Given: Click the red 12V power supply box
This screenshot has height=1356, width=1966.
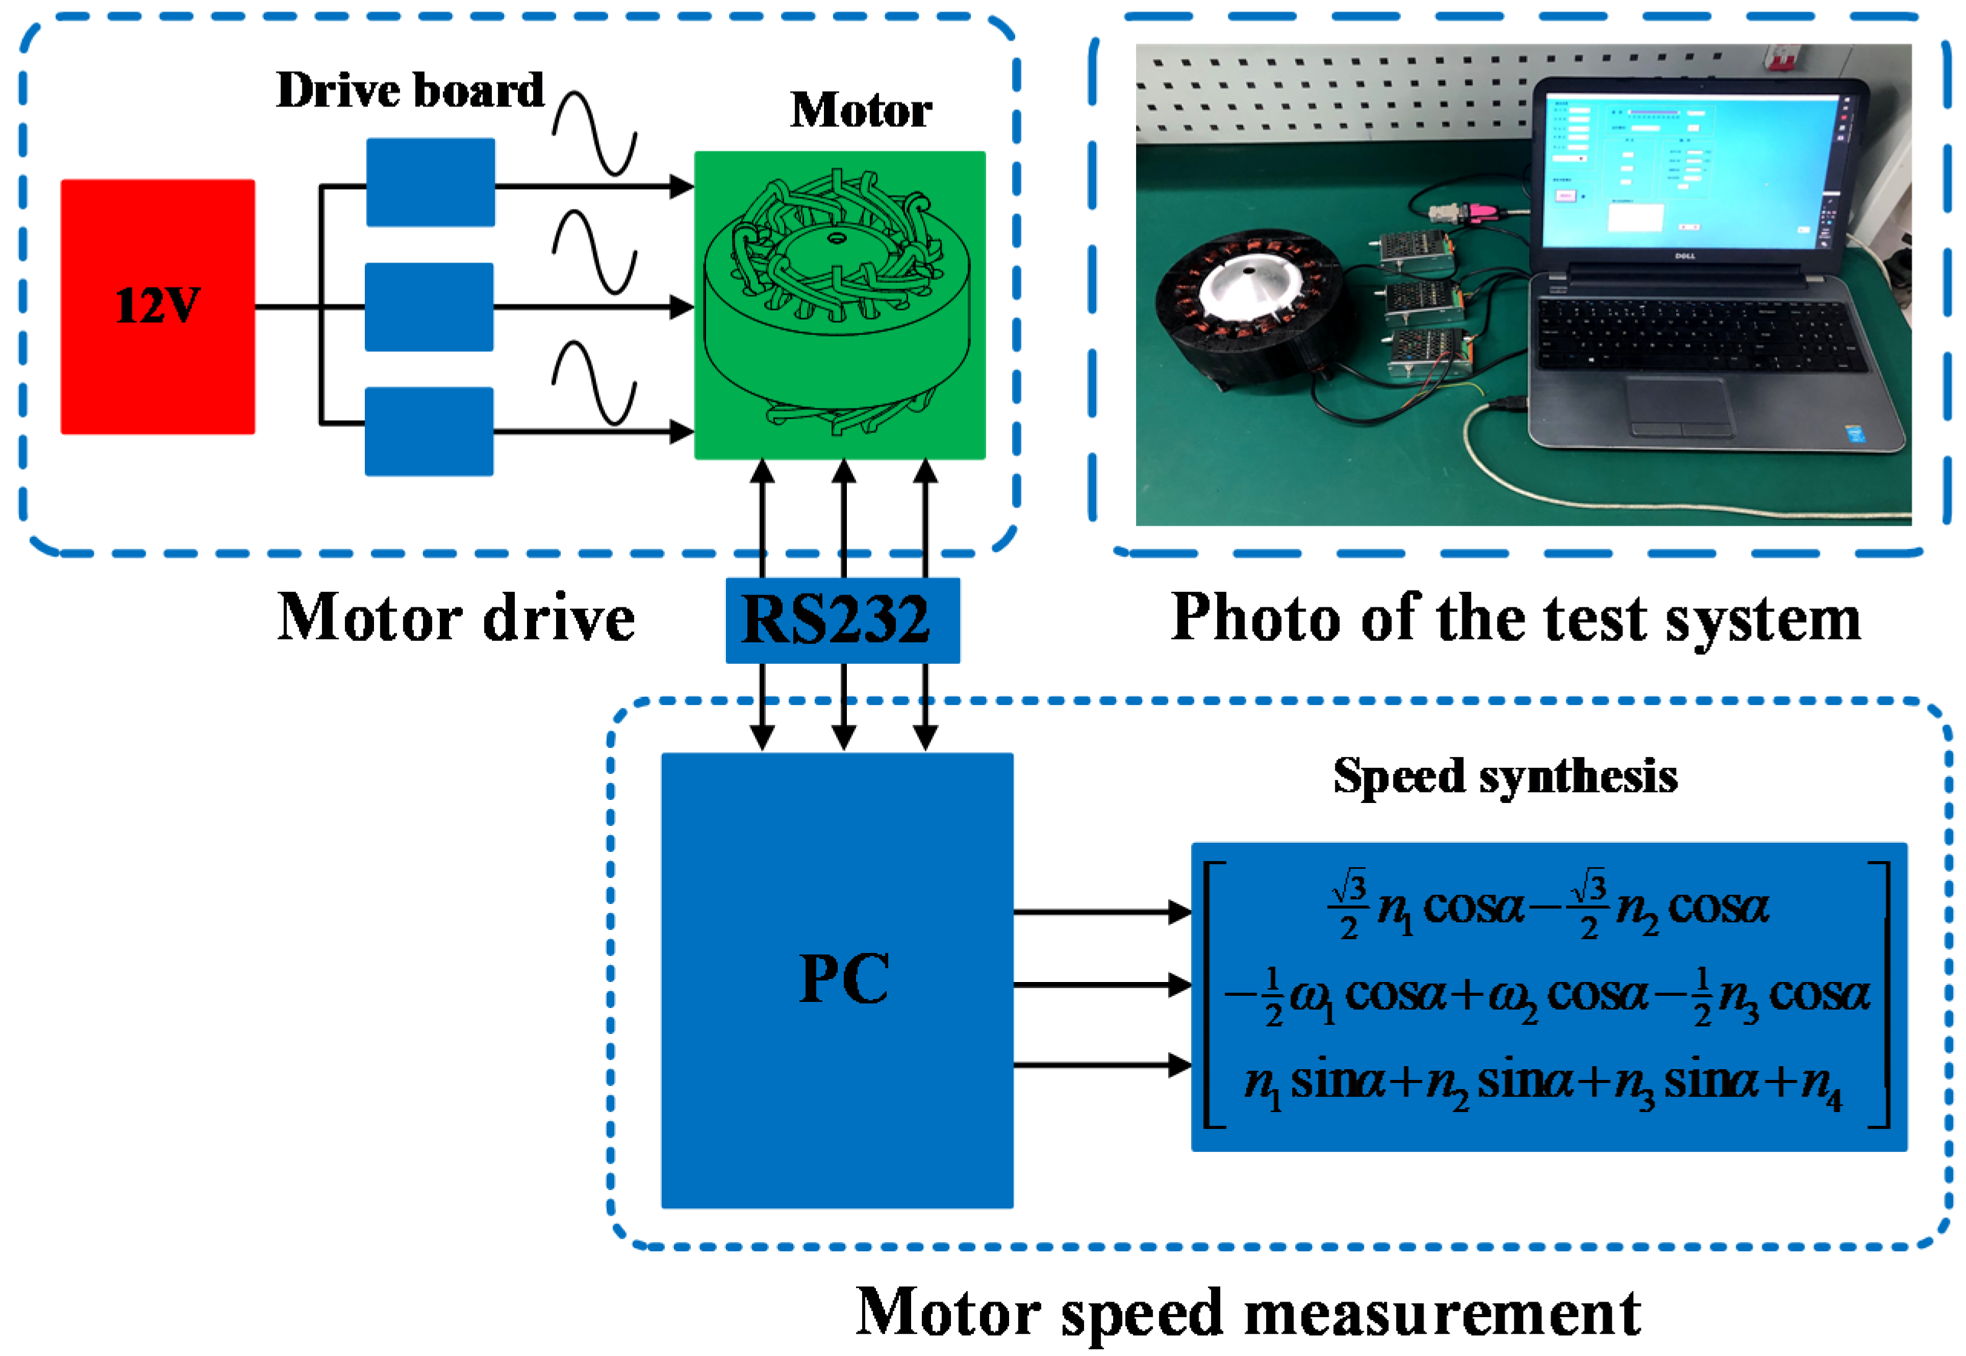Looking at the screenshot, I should (x=157, y=306).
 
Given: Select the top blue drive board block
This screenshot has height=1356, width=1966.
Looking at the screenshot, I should (x=430, y=182).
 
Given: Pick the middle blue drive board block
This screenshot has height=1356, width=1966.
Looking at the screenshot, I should (x=428, y=306).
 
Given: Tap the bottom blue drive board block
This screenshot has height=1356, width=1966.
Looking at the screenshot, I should (x=428, y=431).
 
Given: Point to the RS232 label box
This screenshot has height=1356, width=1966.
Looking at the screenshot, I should (x=841, y=619).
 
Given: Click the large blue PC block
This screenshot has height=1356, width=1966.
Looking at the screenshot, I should (x=836, y=979).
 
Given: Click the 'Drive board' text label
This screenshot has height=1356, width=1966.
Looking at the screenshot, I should (x=409, y=90).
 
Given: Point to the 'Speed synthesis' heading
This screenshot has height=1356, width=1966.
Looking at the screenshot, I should (x=1504, y=776).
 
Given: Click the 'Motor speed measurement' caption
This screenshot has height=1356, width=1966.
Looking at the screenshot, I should (x=1247, y=1312).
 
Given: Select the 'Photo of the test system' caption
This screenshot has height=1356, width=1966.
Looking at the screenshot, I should (x=1515, y=619).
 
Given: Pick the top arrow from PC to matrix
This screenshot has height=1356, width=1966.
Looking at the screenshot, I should (x=1101, y=912).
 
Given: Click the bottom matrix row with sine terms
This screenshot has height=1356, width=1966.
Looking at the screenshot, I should (x=1542, y=1083).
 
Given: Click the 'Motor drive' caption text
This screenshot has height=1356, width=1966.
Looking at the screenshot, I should (x=455, y=619).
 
